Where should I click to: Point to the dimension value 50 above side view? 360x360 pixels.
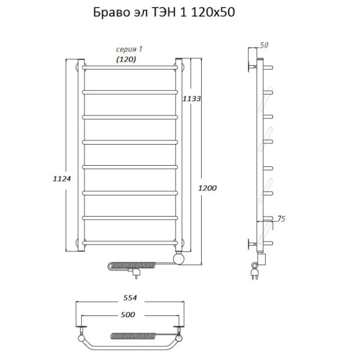coord(264,45)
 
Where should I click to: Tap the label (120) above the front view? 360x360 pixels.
coord(127,60)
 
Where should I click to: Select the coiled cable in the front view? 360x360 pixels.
coord(124,266)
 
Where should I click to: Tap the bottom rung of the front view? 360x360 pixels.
coord(130,240)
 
